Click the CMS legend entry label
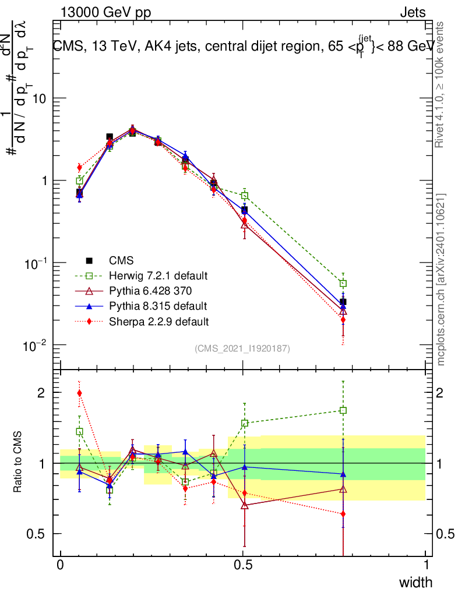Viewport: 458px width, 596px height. (x=121, y=261)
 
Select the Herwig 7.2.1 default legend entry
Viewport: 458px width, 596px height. (x=158, y=275)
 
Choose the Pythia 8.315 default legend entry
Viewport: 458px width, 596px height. (x=158, y=306)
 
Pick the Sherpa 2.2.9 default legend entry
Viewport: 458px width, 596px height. (x=159, y=321)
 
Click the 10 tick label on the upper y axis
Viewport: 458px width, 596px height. (x=39, y=99)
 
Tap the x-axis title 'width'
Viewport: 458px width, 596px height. (x=415, y=583)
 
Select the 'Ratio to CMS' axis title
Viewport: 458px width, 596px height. (x=19, y=463)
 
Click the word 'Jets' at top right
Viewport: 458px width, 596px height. (x=412, y=12)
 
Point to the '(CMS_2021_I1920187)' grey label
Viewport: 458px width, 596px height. (x=242, y=349)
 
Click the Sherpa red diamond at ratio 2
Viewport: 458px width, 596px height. (x=79, y=393)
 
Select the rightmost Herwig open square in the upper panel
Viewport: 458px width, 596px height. (x=343, y=283)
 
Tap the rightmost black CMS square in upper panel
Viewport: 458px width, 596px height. (x=343, y=301)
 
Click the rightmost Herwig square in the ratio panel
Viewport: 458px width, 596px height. (x=343, y=410)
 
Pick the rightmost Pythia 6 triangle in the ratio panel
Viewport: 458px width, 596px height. (x=343, y=489)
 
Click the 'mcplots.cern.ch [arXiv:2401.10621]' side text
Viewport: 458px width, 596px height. (x=441, y=279)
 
